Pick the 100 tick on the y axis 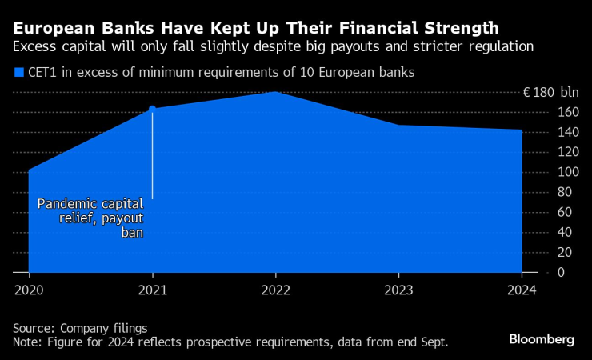[x=543, y=172]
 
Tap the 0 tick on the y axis [x=538, y=273]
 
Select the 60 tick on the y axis [x=543, y=212]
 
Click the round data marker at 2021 [x=152, y=109]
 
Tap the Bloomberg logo [x=542, y=339]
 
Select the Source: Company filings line [x=80, y=328]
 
